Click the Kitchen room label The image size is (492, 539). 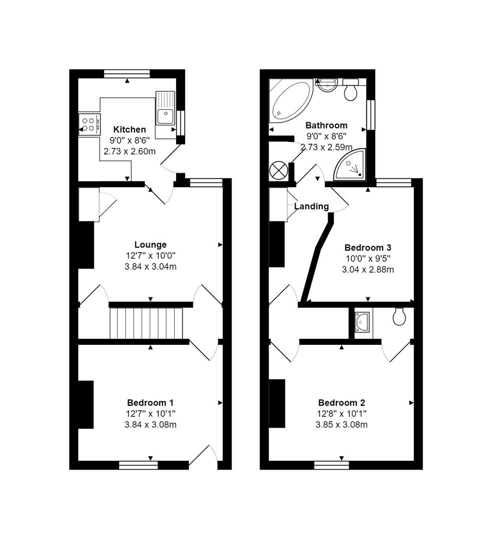pos(129,129)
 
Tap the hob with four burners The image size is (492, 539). pos(89,124)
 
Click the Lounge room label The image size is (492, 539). pos(150,245)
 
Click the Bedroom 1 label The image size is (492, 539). pos(150,403)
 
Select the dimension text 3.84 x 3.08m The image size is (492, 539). pos(150,425)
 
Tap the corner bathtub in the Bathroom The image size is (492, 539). pos(288,100)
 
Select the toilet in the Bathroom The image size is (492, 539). pos(351,91)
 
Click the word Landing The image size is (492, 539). pos(311,206)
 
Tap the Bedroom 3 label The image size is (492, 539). pos(368,248)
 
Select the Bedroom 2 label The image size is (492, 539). pos(342,403)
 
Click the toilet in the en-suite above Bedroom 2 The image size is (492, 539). pos(399,317)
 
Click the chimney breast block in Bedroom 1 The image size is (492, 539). pos(86,404)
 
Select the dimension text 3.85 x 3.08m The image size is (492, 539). pos(342,425)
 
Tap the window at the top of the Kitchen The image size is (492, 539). pos(127,74)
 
